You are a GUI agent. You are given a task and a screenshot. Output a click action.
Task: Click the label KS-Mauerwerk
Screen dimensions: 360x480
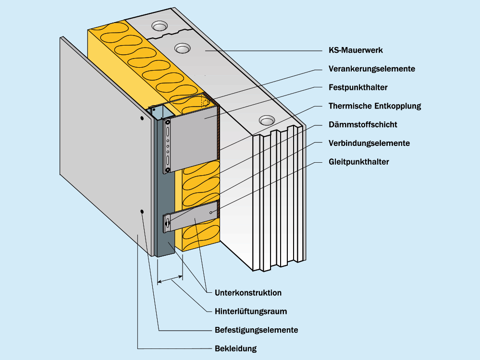[356, 50]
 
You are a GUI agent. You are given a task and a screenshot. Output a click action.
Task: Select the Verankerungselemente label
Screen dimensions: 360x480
[371, 69]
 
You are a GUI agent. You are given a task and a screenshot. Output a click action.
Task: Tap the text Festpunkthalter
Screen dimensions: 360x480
[358, 88]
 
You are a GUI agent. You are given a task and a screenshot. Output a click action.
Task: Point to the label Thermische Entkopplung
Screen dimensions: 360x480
[375, 106]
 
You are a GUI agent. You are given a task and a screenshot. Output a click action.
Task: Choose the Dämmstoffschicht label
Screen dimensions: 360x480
[363, 125]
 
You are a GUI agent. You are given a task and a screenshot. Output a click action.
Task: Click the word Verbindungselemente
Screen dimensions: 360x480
[369, 144]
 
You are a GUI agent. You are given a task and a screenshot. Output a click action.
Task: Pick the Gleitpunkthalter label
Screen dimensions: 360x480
[359, 162]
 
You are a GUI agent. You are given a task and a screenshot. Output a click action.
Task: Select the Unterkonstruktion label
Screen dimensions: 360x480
[248, 293]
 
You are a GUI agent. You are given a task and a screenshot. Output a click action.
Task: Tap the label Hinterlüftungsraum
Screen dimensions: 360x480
[251, 312]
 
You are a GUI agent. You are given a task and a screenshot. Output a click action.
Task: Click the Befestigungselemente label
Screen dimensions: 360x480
[256, 330]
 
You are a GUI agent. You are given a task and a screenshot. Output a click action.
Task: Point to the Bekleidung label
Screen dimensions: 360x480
[235, 349]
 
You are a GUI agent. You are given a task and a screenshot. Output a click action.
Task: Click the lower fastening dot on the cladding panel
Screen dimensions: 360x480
[142, 211]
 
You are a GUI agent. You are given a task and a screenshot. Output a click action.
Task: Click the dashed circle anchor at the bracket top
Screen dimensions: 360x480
[205, 102]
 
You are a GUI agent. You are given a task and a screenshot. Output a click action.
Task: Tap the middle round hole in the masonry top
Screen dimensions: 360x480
[182, 48]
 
